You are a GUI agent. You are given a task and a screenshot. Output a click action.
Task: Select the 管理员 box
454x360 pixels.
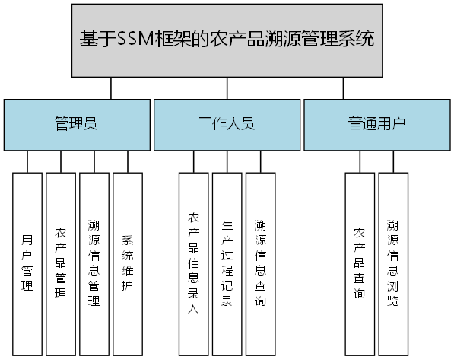(x=75, y=124)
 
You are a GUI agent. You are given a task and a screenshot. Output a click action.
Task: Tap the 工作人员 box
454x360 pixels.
(x=226, y=124)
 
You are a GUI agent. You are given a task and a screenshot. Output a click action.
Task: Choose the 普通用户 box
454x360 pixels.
(x=376, y=124)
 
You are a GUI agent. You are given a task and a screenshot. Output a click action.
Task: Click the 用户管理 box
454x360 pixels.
(x=27, y=264)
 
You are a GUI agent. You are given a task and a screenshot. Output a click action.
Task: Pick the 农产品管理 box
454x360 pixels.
(x=61, y=264)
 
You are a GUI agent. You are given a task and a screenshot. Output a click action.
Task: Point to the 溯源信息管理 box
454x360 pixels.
(x=94, y=264)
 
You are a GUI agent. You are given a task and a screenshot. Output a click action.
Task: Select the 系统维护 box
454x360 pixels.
(x=128, y=264)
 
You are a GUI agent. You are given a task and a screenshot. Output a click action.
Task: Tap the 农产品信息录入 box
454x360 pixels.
(x=193, y=264)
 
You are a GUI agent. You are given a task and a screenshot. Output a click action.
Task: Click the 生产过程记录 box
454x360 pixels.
(x=227, y=264)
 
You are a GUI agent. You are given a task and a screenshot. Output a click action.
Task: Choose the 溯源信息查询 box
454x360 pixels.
(x=260, y=264)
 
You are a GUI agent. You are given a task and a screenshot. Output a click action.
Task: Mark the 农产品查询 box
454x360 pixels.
(x=360, y=264)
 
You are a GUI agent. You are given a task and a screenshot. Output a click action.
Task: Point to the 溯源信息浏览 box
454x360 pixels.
(x=393, y=264)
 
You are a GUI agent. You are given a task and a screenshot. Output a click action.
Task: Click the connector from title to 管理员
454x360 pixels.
(x=111, y=88)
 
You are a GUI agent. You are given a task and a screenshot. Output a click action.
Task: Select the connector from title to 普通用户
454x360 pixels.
(x=343, y=88)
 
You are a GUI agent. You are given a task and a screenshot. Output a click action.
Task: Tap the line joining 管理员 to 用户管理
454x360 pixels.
(x=27, y=161)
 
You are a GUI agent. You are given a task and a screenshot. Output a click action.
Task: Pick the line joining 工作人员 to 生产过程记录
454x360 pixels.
(x=227, y=161)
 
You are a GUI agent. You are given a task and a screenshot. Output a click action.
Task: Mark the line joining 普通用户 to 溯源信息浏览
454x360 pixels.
(x=393, y=161)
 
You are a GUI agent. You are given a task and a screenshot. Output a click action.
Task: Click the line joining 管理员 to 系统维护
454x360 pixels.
(x=128, y=161)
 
